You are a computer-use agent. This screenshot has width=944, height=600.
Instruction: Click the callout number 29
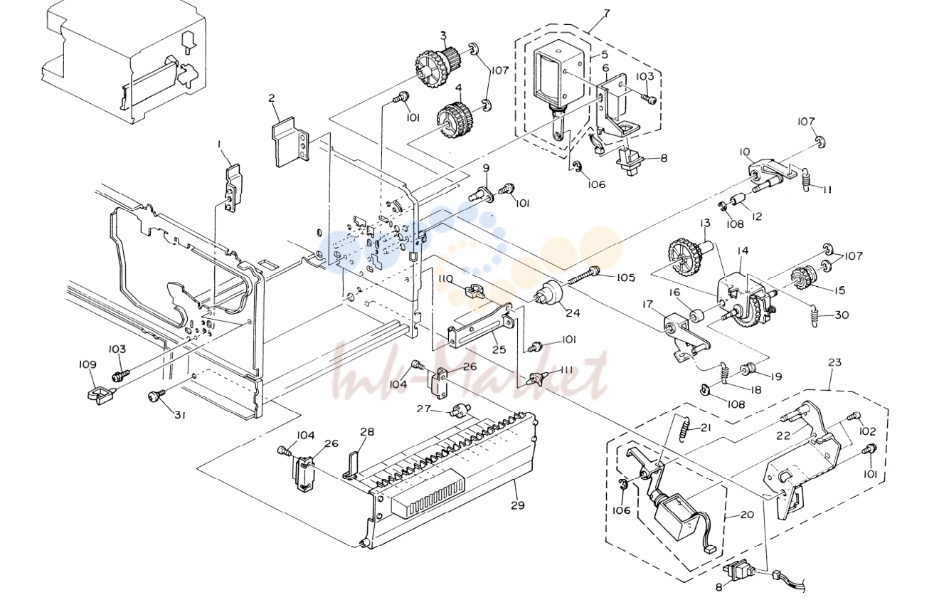pos(517,505)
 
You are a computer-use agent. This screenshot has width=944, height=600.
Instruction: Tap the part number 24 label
pos(573,313)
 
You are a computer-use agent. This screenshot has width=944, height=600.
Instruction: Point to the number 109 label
pos(88,364)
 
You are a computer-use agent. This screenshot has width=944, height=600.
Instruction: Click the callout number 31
pos(179,416)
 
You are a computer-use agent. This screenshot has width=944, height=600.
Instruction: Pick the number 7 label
pos(606,13)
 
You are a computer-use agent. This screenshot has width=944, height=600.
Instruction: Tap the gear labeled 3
pos(432,68)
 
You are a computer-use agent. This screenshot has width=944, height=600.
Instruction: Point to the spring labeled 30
pos(815,317)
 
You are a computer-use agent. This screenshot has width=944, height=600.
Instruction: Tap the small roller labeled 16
pos(697,316)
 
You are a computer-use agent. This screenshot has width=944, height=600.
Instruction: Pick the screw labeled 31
pos(155,396)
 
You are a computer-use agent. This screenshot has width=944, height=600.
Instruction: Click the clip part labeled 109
pos(101,395)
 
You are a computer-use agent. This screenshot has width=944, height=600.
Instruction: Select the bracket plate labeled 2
pos(290,142)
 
